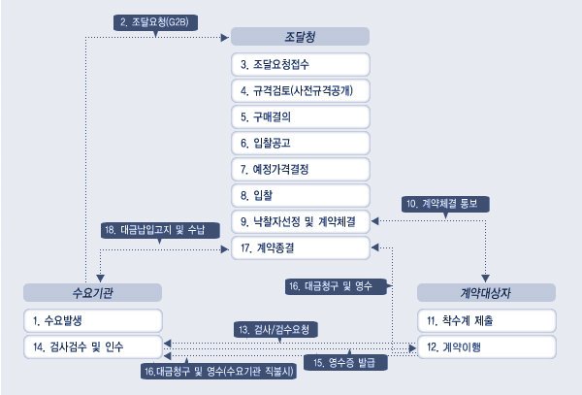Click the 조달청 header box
(x=300, y=37)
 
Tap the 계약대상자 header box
(x=486, y=292)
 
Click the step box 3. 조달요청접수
(x=300, y=64)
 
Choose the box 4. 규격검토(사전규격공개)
(x=300, y=90)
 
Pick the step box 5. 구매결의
(x=300, y=116)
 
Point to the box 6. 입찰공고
(x=300, y=143)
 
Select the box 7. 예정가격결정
(x=300, y=169)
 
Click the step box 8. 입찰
(x=300, y=195)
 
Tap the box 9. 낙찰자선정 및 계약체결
(x=300, y=221)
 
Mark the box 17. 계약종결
(x=300, y=247)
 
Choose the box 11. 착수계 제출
(x=486, y=320)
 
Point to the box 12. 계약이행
(x=486, y=346)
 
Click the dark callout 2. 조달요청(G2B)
(x=156, y=20)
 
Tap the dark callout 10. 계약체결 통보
(x=446, y=205)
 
